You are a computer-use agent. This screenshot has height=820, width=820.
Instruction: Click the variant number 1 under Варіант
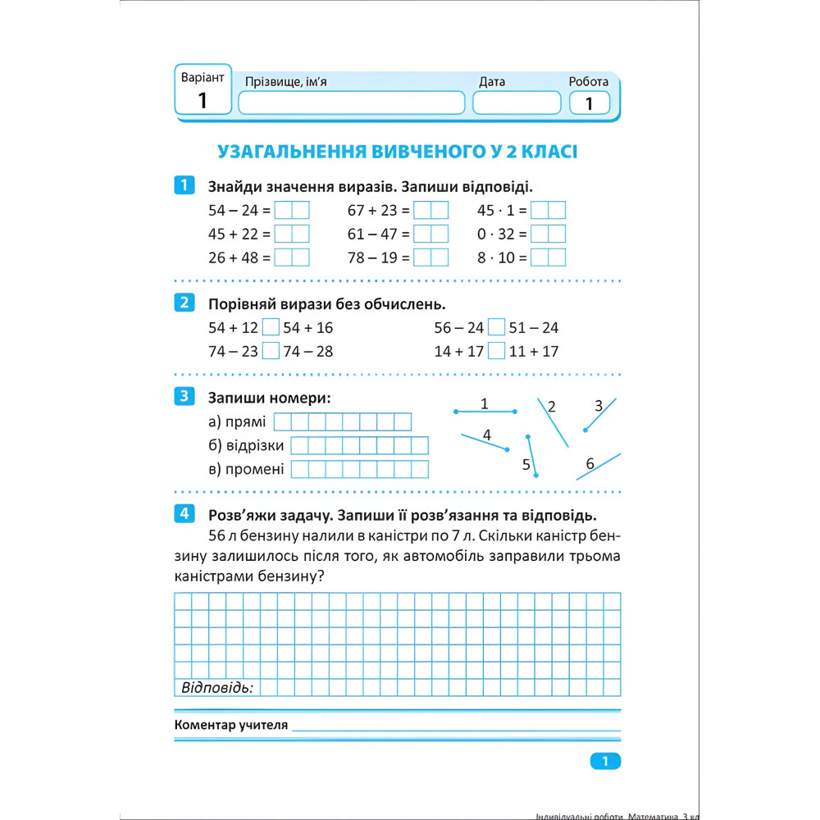[203, 101]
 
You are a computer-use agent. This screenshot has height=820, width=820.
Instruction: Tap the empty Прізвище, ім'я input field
[351, 103]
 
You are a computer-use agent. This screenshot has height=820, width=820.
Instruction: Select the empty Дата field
[517, 103]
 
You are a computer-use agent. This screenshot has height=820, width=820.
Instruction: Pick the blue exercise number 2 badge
[184, 303]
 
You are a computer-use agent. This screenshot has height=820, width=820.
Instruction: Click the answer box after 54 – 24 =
[292, 210]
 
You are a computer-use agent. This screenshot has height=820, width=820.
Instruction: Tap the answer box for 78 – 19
[431, 257]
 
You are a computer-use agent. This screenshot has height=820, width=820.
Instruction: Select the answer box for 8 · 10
[548, 257]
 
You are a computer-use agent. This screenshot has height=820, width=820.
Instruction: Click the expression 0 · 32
[496, 234]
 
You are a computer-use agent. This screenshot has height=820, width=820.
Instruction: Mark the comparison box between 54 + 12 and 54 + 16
[271, 328]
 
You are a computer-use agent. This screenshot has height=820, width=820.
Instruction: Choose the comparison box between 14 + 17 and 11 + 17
[496, 352]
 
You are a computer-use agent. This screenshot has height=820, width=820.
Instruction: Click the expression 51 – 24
[534, 328]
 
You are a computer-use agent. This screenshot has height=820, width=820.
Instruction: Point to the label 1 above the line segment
[485, 403]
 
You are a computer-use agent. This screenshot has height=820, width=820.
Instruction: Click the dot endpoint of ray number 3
[585, 430]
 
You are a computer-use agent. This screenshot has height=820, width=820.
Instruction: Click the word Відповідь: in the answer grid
[216, 687]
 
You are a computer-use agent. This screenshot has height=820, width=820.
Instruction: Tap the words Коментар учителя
[231, 726]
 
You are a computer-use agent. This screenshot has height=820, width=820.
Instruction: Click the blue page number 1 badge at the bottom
[605, 762]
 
